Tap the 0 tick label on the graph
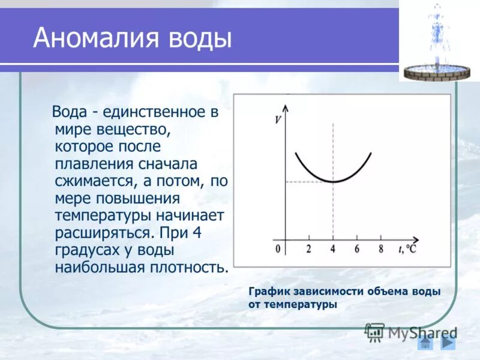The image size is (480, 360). click(278, 249)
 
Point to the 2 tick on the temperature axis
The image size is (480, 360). click(308, 249)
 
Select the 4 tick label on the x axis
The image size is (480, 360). click(333, 249)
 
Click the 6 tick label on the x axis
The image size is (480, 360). click(356, 249)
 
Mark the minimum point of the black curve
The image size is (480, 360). click(333, 181)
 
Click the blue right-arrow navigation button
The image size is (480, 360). click(448, 342)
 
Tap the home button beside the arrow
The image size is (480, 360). click(425, 343)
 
